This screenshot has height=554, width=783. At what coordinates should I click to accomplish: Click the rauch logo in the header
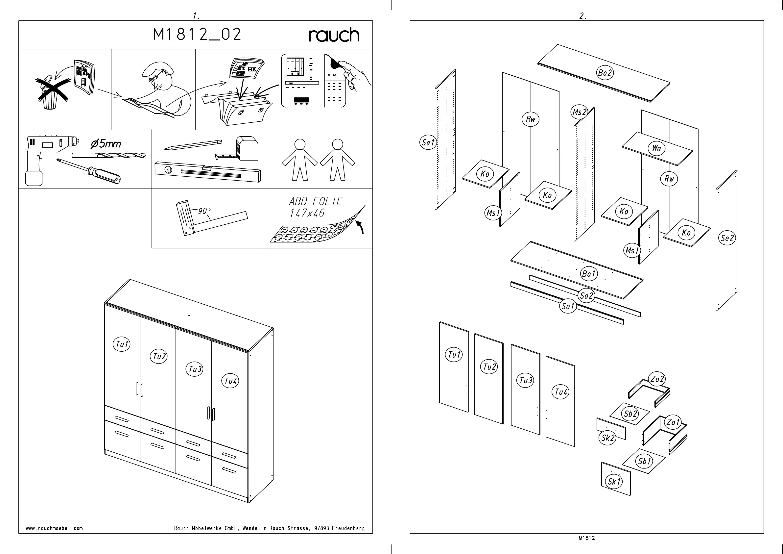(334, 35)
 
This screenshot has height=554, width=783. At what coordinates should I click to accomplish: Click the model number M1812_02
(197, 34)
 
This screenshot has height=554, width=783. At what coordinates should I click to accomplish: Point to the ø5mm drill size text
(106, 144)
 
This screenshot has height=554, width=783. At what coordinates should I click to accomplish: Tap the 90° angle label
(204, 211)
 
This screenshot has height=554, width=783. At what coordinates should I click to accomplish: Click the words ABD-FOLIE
(316, 201)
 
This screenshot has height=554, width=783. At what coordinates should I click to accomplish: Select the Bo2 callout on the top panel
(605, 73)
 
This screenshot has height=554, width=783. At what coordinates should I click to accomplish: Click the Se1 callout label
(428, 142)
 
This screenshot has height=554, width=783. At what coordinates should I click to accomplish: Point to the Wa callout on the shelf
(656, 148)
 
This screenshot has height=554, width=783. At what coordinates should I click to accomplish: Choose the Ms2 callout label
(579, 112)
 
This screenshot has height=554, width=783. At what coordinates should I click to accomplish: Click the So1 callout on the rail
(568, 306)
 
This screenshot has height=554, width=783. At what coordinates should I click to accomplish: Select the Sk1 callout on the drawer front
(614, 482)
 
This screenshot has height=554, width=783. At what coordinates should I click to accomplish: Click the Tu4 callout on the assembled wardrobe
(230, 381)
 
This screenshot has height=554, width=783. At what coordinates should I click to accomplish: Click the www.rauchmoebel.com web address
(54, 528)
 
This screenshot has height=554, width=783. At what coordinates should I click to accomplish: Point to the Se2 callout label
(727, 238)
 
